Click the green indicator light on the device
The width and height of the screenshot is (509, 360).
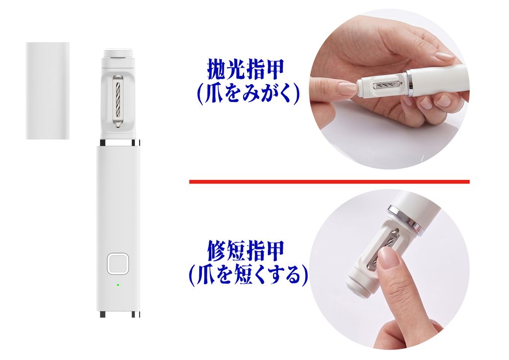[118, 285]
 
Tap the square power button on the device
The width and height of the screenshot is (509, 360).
[118, 264]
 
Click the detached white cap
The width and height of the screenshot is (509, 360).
[48, 90]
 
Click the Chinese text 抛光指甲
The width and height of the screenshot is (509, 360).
[246, 70]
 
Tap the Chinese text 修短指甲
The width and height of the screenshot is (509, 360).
[246, 250]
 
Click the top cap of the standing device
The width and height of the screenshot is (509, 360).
[118, 53]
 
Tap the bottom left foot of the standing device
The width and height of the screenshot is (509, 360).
[102, 315]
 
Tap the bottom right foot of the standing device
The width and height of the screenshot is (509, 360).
[134, 315]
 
